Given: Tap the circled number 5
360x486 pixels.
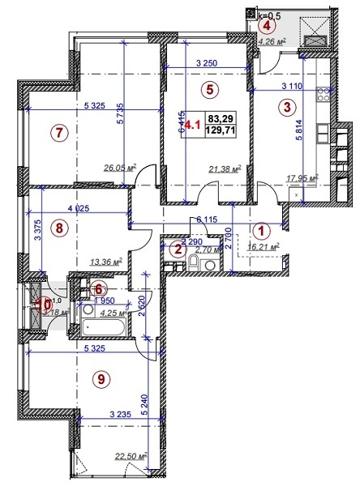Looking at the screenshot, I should pyautogui.click(x=209, y=89).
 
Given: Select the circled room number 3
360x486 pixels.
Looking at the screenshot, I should pyautogui.click(x=286, y=106).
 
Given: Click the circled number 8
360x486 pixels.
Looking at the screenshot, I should pyautogui.click(x=57, y=228).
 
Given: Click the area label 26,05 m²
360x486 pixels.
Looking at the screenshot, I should pyautogui.click(x=118, y=168).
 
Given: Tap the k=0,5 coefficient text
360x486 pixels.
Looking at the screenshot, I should pyautogui.click(x=269, y=15).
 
